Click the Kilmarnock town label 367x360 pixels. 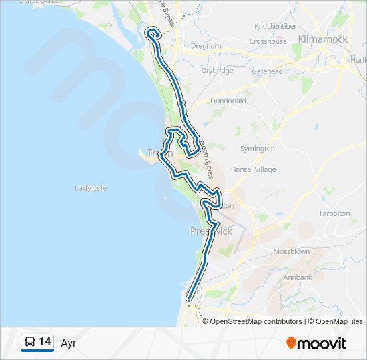point(324,39)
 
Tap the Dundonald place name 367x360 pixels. point(230,101)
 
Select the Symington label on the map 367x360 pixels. point(257,148)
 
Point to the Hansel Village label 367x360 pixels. point(253,169)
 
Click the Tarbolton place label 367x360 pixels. point(334,213)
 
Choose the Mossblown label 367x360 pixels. point(291,252)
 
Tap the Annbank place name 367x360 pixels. point(298,277)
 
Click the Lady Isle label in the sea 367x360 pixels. point(91,189)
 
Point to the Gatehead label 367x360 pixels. point(267,71)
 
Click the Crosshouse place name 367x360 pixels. point(268,41)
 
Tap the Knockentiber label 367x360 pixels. point(276,26)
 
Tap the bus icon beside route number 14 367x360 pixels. point(30,343)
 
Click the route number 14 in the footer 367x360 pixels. point(45,343)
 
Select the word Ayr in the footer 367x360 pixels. point(69,343)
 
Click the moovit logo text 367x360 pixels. point(323,343)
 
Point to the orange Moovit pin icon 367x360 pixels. point(292,343)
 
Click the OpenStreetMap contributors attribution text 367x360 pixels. point(256,321)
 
